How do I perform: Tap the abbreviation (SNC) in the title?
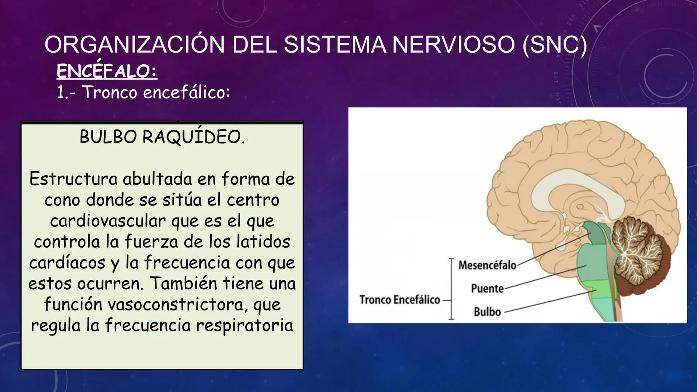(554, 45)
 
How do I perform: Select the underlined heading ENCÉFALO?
(107, 71)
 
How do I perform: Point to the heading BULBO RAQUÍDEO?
(162, 137)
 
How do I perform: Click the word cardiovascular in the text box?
(108, 221)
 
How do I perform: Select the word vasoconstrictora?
(175, 304)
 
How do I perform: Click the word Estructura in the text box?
(73, 179)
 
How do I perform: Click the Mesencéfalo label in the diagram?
(487, 265)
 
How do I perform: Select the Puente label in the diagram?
(487, 289)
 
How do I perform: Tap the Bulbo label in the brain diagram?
(487, 312)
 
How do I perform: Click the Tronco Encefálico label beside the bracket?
(399, 300)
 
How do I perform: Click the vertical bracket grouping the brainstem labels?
(451, 289)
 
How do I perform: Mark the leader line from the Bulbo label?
(548, 301)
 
